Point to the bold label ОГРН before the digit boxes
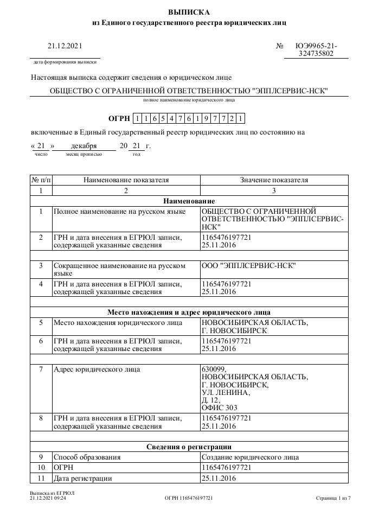pos(119,118)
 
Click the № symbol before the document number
pos(280,46)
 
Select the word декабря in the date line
pos(84,146)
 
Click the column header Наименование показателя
pos(126,180)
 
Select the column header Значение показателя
pos(274,180)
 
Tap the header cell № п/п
pos(41,180)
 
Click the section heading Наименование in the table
pos(189,201)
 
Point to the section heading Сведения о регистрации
pos(189,447)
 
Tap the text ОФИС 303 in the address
pos(219,407)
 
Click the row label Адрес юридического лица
pos(97,369)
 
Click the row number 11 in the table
pos(41,478)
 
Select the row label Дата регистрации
pos(83,478)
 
